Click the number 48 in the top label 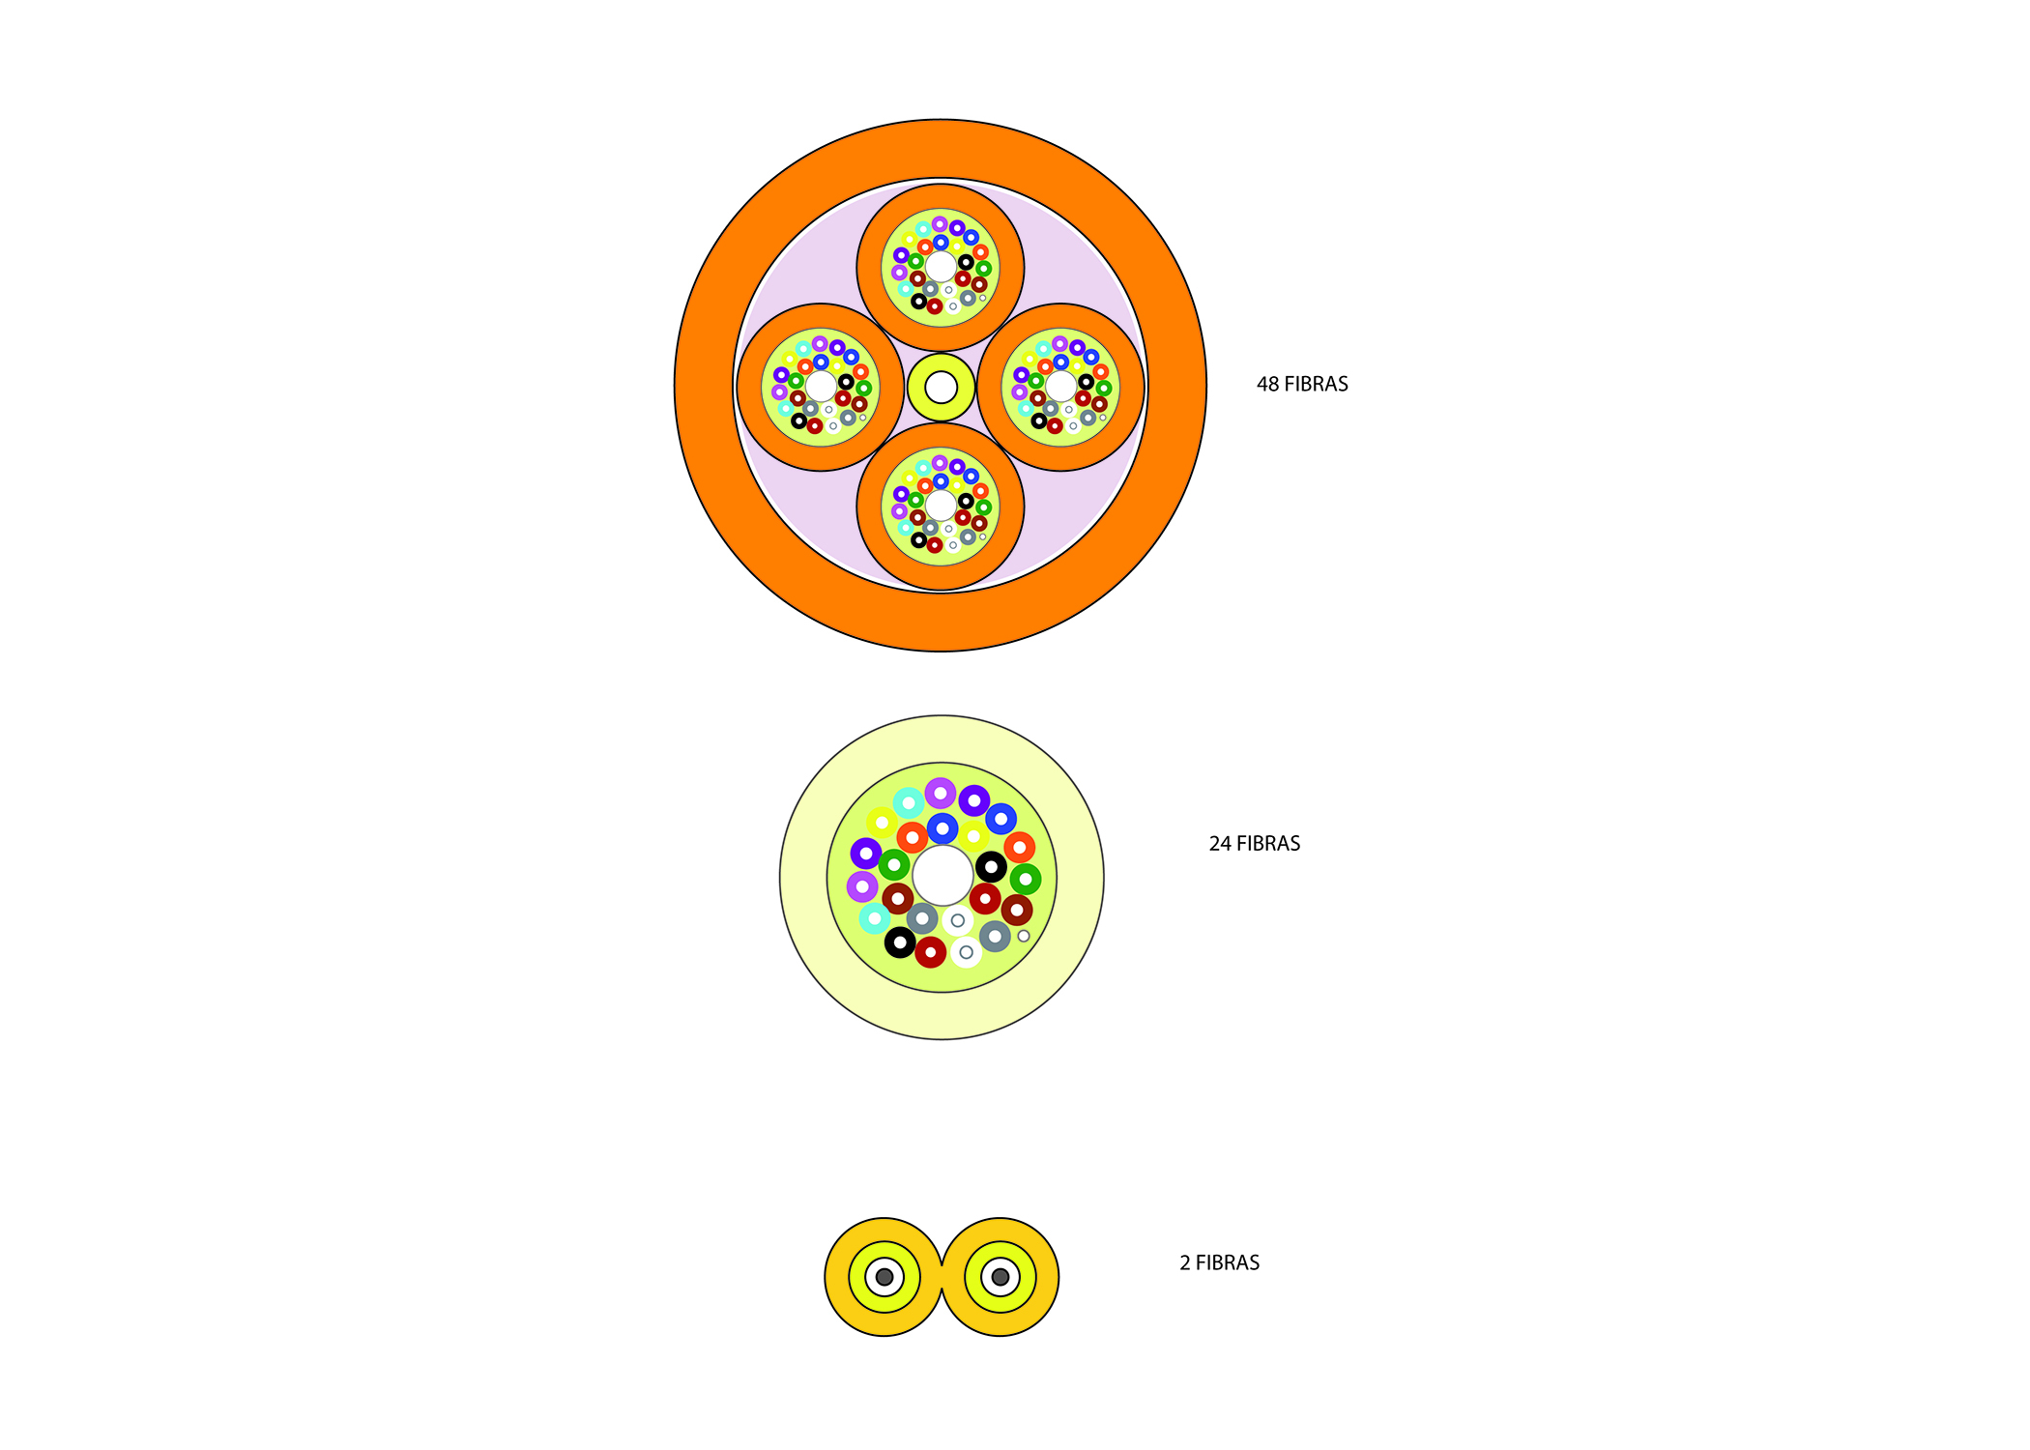pos(1267,384)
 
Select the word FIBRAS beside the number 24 pos(1268,844)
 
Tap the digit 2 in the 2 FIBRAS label pos(1185,1263)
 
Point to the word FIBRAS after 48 pos(1316,384)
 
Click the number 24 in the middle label pos(1220,844)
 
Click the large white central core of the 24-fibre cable pos(942,876)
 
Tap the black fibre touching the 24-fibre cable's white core pos(991,867)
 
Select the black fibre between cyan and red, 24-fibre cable pos(900,942)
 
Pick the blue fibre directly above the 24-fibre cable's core pos(942,828)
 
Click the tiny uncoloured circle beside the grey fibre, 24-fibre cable pos(1024,936)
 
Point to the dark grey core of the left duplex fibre pos(884,1277)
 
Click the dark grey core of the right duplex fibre pos(1000,1277)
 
